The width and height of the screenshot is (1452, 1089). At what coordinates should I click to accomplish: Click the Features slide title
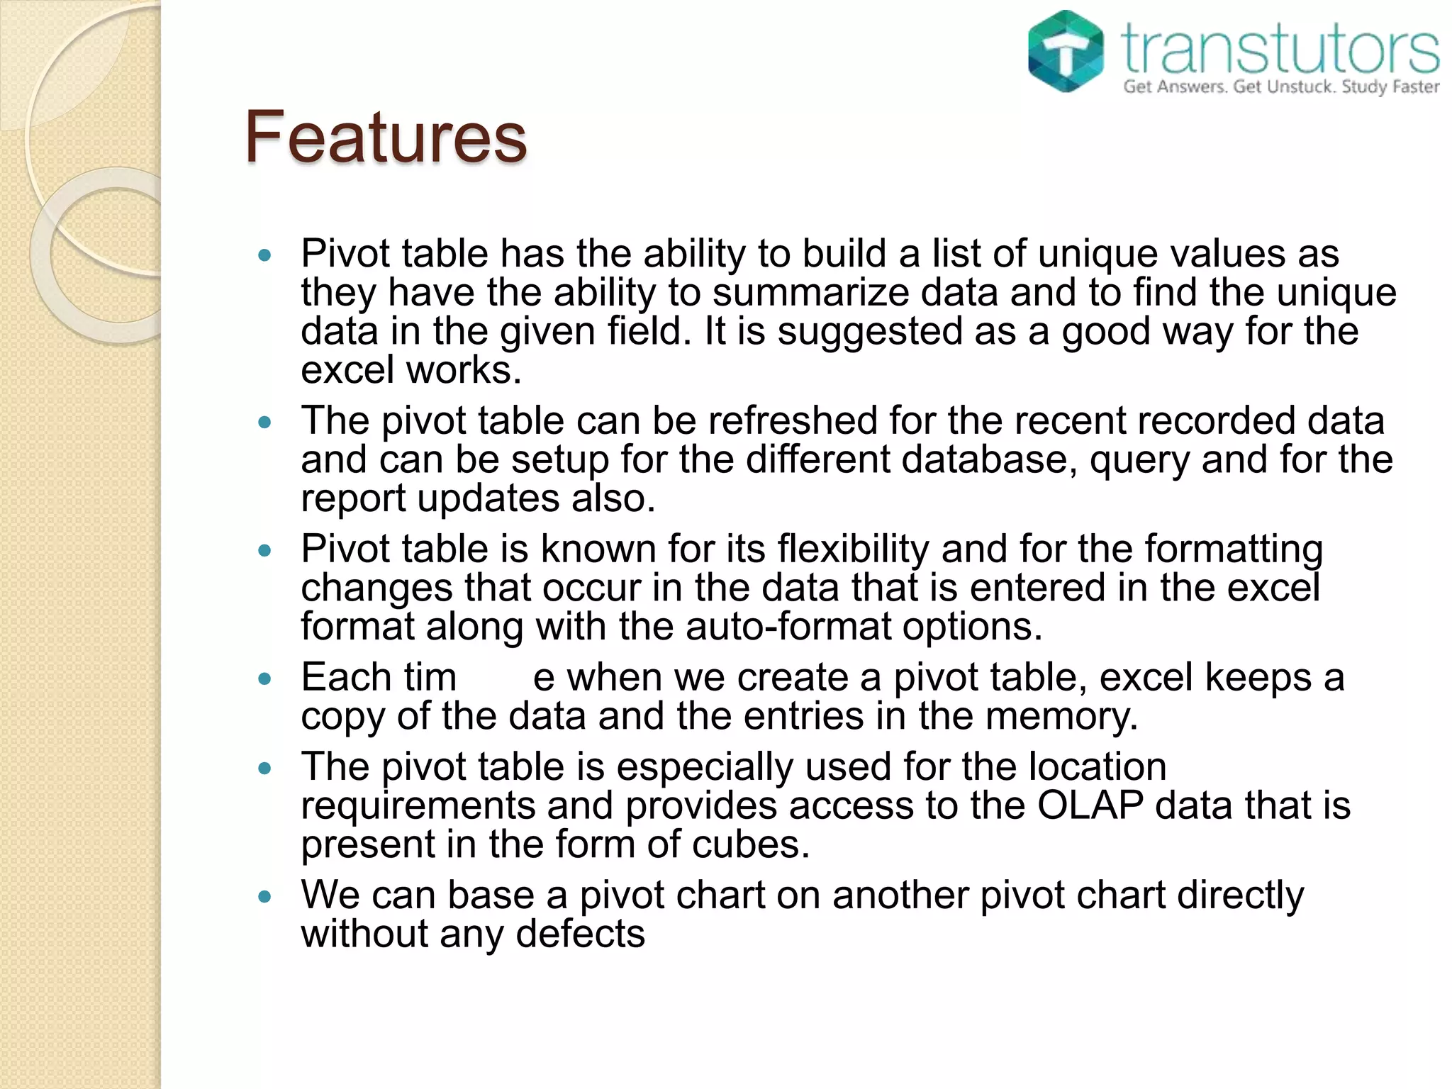[x=386, y=137]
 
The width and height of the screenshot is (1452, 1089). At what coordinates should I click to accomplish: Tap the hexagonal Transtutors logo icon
[x=1066, y=51]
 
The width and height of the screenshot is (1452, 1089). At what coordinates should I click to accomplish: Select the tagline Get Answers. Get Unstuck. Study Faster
[x=1281, y=87]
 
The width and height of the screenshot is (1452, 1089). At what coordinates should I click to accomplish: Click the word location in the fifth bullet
[x=1097, y=766]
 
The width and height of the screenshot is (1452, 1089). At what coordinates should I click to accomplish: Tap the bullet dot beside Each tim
[x=265, y=678]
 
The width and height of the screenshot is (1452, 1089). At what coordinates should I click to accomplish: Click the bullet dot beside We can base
[x=265, y=896]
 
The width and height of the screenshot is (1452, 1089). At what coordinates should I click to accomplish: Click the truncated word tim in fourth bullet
[x=430, y=677]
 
